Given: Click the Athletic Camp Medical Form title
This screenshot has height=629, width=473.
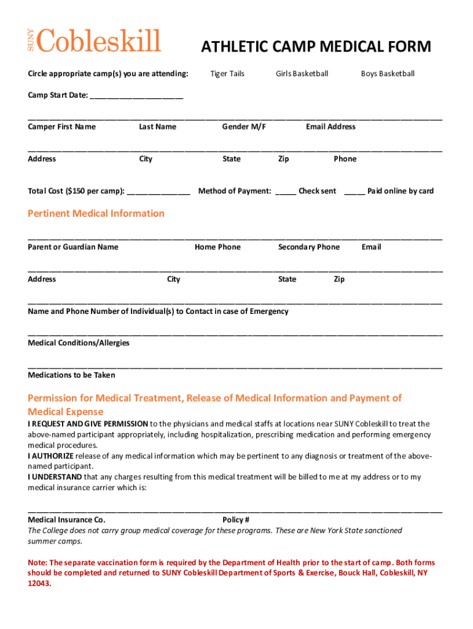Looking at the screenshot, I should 316,47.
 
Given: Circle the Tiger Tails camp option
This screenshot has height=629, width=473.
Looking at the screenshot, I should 227,74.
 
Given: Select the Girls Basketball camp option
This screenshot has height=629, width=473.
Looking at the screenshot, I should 302,74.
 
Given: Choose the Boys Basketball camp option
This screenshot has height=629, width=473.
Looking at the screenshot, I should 388,74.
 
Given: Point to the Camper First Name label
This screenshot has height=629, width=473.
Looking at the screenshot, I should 61,127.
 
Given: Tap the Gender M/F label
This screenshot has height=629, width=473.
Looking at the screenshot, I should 244,127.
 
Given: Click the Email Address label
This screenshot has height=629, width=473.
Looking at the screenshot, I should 330,127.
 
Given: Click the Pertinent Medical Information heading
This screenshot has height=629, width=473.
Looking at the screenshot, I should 96,214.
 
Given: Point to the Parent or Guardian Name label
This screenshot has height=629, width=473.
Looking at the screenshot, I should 73,247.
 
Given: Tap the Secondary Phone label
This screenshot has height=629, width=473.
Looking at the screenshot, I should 308,247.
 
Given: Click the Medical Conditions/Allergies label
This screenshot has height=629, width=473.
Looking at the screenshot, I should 79,343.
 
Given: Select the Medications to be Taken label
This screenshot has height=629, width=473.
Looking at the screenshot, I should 71,375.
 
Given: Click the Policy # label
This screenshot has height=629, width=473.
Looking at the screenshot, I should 236,520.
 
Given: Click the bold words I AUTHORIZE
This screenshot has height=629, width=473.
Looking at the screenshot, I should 51,456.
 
